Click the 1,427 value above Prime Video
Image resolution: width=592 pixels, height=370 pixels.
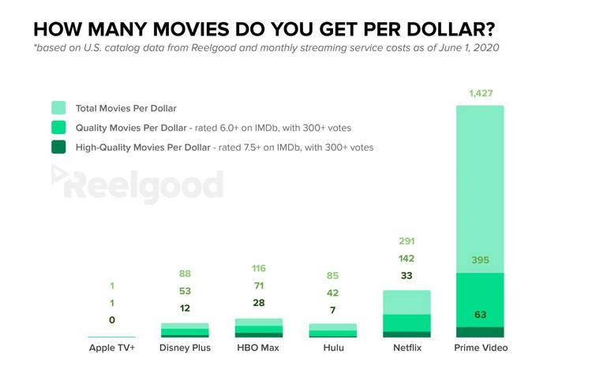(480, 94)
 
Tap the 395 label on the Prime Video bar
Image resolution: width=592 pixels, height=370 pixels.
(480, 260)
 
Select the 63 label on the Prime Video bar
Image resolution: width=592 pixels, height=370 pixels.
(480, 315)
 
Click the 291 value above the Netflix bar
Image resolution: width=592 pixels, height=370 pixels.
(407, 241)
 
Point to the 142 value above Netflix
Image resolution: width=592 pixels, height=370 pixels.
(407, 259)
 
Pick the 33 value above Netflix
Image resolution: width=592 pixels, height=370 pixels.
(407, 276)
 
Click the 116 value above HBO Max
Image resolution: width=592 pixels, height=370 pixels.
(258, 270)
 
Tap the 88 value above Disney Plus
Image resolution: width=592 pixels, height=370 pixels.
(184, 275)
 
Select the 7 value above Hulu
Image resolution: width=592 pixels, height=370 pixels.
(332, 310)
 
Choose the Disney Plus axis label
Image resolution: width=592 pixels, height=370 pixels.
(185, 348)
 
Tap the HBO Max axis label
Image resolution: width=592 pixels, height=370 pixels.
(258, 348)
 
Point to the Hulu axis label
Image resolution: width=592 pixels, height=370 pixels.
(332, 348)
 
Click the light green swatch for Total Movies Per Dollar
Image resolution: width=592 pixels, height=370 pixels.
(58, 108)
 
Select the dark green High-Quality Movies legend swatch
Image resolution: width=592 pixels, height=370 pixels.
(58, 147)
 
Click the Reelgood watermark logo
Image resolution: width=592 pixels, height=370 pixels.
(138, 186)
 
